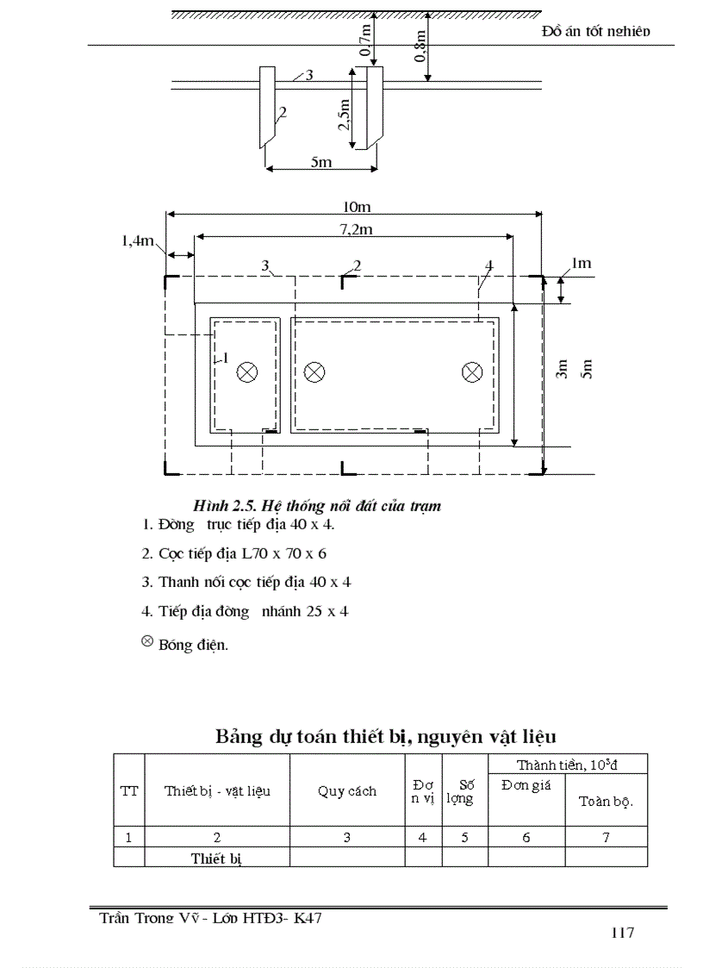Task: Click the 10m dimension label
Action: point(356,207)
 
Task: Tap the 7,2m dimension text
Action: point(354,228)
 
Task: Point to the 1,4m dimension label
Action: point(137,241)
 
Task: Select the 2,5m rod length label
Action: point(345,113)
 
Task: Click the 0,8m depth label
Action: point(420,47)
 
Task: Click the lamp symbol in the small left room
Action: point(247,372)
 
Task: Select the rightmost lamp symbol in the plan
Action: point(471,372)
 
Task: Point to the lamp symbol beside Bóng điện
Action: point(146,642)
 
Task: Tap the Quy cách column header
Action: point(347,791)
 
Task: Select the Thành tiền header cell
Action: point(568,765)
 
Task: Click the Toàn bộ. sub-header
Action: point(606,801)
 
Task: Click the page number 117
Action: point(622,933)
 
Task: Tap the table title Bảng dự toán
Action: point(385,737)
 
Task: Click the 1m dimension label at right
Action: point(581,263)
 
